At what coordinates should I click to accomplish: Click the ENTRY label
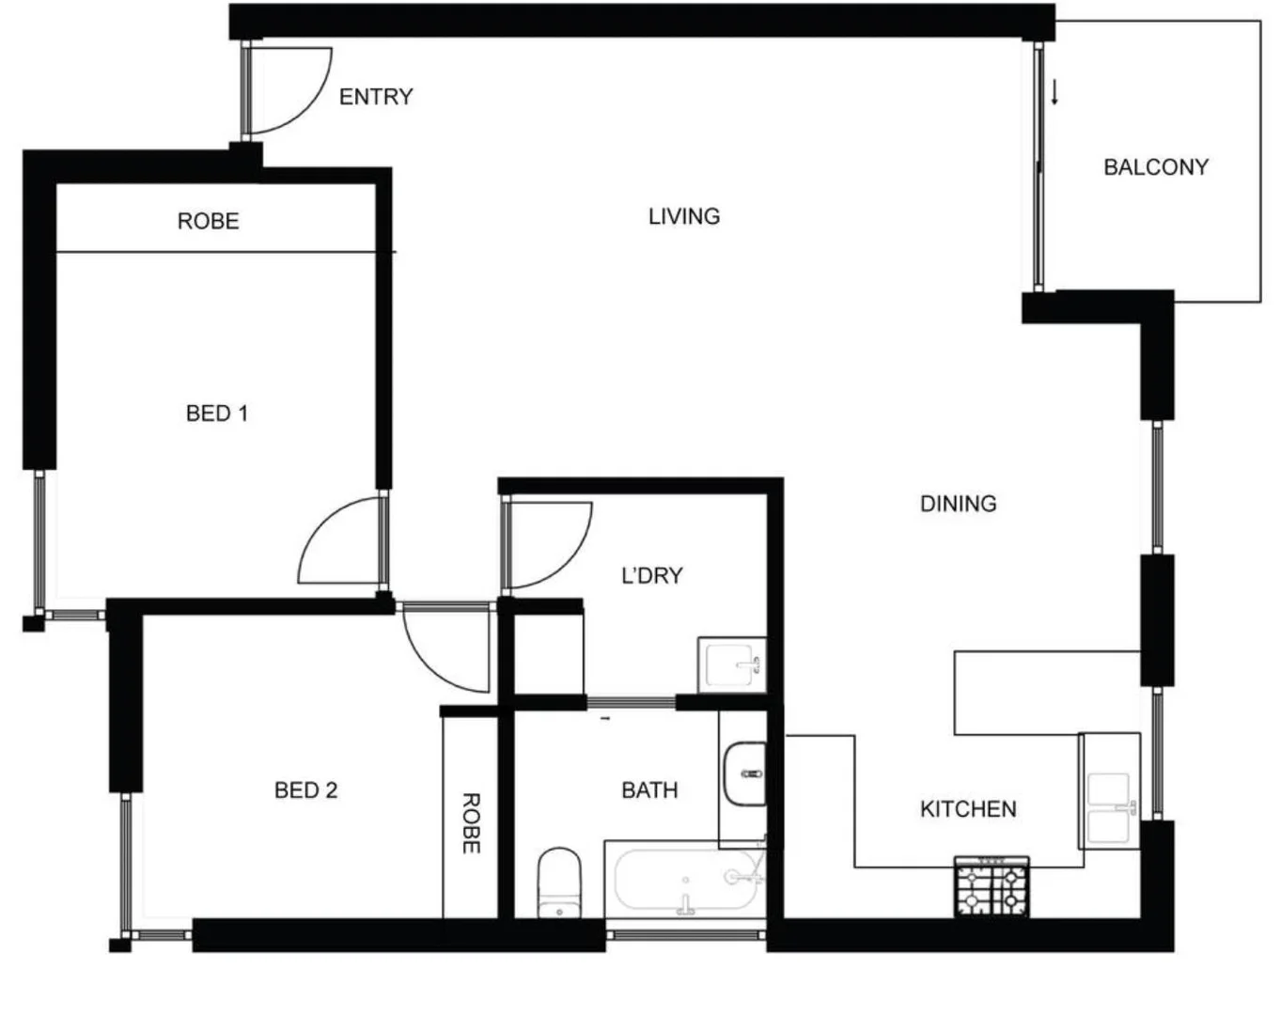[376, 97]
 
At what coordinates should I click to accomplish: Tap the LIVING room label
[684, 216]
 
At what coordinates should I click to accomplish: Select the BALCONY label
[1155, 167]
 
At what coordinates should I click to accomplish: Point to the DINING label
[958, 504]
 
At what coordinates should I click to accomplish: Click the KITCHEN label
[967, 809]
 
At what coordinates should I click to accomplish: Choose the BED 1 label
[217, 414]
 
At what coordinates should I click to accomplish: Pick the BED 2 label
[305, 790]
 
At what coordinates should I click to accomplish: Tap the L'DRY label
[652, 575]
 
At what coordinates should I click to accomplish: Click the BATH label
[649, 790]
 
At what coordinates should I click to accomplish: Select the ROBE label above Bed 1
[209, 222]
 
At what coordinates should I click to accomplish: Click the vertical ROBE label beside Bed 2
[471, 823]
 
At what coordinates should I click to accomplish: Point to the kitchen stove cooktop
[991, 887]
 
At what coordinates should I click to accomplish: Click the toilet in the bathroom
[559, 883]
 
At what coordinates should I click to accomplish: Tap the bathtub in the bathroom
[684, 881]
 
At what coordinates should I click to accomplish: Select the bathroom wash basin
[744, 774]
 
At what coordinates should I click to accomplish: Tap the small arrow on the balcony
[1054, 92]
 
